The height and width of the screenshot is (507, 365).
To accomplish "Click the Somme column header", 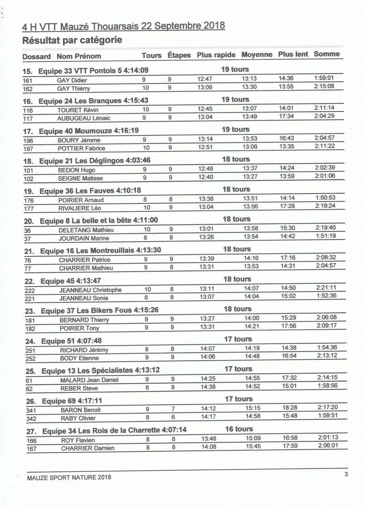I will click(326, 54).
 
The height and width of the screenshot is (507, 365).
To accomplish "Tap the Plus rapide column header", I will click(216, 55).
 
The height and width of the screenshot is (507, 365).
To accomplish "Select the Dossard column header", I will click(36, 57).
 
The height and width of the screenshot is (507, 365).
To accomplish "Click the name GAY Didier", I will click(72, 80).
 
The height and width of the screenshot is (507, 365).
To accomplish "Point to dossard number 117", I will click(28, 119).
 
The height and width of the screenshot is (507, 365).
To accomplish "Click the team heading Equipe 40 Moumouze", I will click(89, 130).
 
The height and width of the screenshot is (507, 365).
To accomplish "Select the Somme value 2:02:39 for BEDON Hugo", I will click(325, 168).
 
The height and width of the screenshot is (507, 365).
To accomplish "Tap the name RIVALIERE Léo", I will click(80, 208).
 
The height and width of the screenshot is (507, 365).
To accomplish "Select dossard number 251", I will click(30, 350).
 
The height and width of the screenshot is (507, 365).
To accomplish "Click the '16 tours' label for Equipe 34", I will click(239, 429).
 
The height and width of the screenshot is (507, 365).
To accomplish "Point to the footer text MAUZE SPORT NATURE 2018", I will click(69, 477).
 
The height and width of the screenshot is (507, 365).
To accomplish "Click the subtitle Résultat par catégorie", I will click(72, 40).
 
